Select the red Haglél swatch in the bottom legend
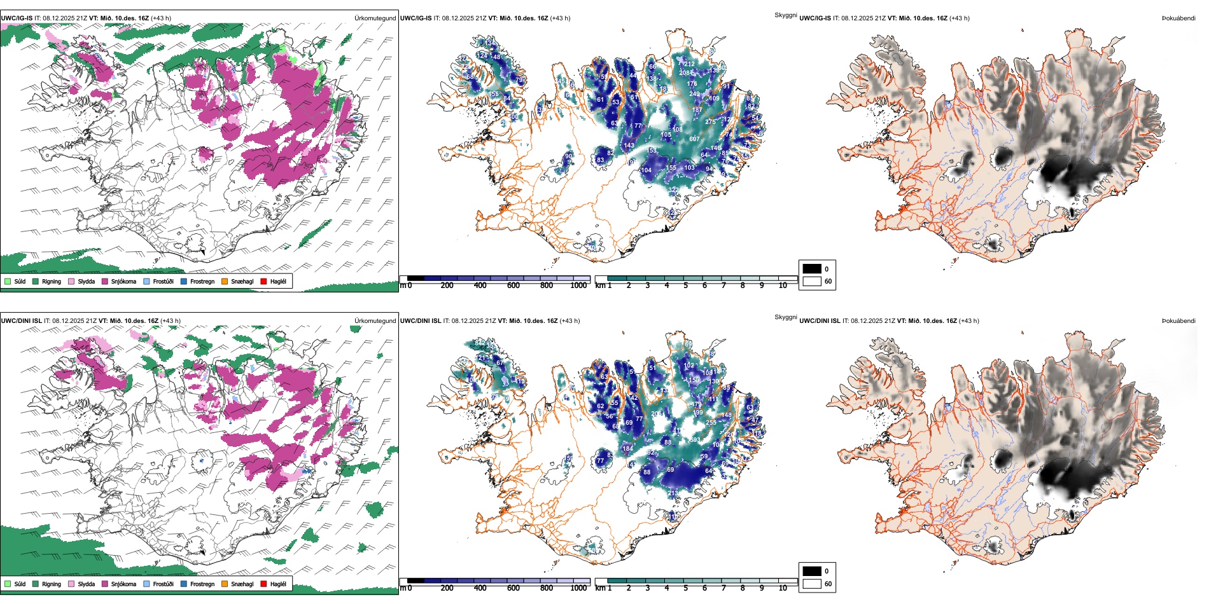[x=263, y=584]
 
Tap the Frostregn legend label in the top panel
[x=202, y=281]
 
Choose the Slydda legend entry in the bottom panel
[x=86, y=584]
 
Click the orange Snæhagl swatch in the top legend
[x=225, y=281]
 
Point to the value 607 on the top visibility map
[x=694, y=139]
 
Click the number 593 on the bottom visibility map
[x=695, y=440]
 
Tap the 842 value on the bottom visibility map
[x=480, y=343]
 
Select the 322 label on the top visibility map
[x=673, y=190]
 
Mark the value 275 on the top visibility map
[x=710, y=121]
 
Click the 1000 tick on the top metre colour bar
[x=578, y=285]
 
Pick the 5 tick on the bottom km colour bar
[x=686, y=588]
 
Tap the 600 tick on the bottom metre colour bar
[x=514, y=588]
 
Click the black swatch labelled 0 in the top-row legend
[x=812, y=268]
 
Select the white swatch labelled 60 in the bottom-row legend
[x=812, y=584]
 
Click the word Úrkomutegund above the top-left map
[x=375, y=18]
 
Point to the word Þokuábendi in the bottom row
[x=1178, y=321]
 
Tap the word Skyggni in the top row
[x=785, y=15]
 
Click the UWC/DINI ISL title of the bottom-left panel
[x=21, y=321]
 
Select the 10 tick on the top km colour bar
[x=783, y=285]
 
